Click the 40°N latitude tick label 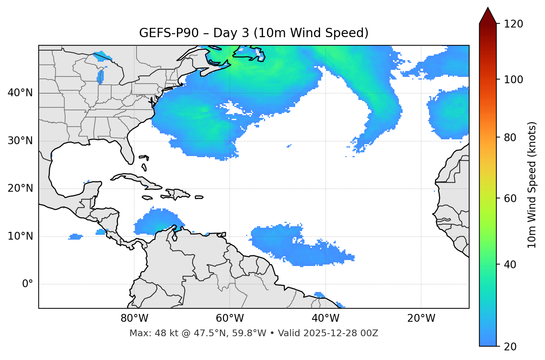[x=20, y=93]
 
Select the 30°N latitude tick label [x=20, y=141]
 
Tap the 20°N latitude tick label [x=20, y=188]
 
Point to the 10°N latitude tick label [x=20, y=236]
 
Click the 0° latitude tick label [x=28, y=284]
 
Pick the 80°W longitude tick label [x=134, y=318]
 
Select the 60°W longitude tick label [x=230, y=318]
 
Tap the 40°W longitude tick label [x=325, y=318]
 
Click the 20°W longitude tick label [x=421, y=318]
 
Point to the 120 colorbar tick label [x=513, y=24]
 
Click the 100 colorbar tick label [x=513, y=80]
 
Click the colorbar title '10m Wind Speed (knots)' [x=532, y=185]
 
